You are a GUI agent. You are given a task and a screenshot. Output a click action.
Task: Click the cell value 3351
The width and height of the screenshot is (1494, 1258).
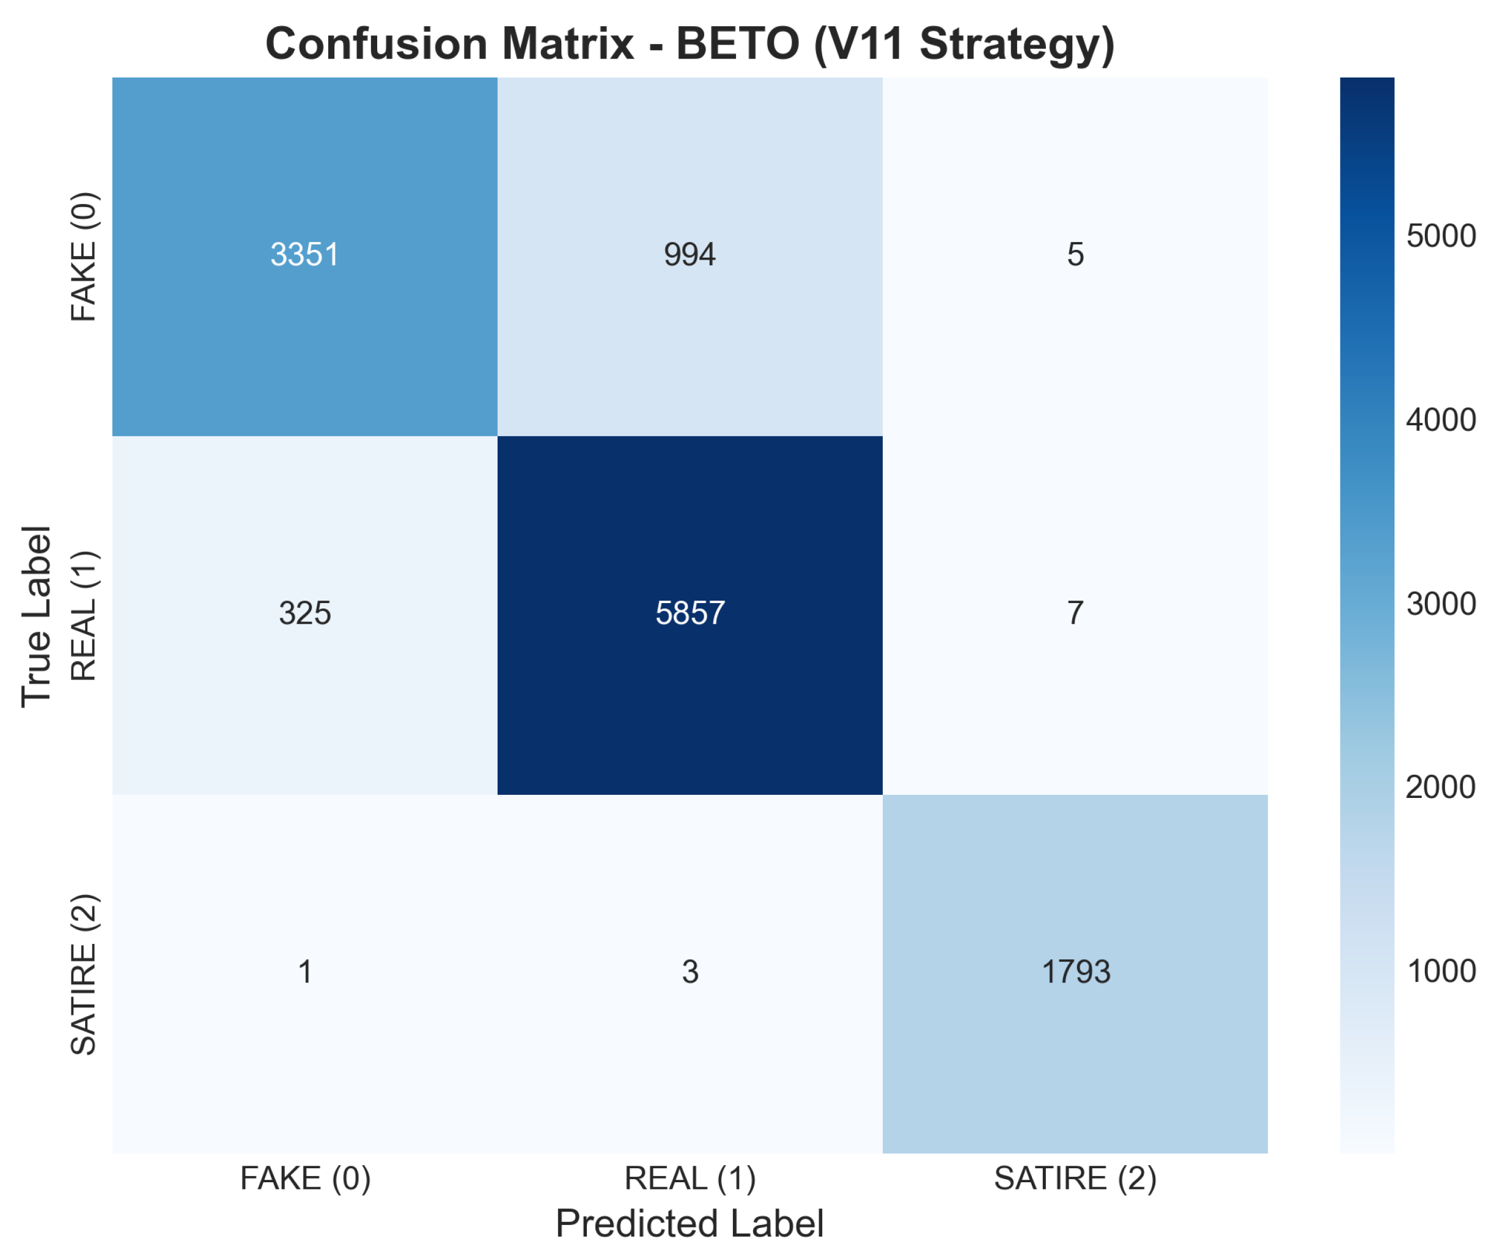click(x=304, y=255)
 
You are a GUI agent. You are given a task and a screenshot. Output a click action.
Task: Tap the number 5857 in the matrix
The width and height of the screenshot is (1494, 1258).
click(x=690, y=613)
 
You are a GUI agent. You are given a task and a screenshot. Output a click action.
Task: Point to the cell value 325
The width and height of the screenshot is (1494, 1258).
click(x=304, y=613)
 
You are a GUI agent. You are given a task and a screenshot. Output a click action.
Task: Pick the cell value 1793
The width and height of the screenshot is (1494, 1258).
click(x=1076, y=972)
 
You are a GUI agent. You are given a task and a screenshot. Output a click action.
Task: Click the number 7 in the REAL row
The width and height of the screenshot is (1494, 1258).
click(x=1075, y=613)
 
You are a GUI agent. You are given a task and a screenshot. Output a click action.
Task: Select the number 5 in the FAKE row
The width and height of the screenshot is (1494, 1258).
click(x=1075, y=255)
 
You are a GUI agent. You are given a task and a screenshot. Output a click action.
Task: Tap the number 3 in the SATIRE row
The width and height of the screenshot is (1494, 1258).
click(x=690, y=972)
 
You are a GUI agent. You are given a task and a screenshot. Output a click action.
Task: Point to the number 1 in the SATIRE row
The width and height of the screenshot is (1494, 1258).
click(x=304, y=972)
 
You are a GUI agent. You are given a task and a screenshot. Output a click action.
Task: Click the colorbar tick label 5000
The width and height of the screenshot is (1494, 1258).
click(x=1440, y=236)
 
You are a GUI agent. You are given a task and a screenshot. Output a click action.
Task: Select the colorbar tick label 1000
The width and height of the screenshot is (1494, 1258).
click(x=1440, y=971)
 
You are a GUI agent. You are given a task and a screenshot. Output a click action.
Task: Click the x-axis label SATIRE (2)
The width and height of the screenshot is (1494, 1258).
click(x=1075, y=1179)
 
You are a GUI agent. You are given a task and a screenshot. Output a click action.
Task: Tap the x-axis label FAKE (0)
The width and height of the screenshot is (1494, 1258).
click(x=306, y=1179)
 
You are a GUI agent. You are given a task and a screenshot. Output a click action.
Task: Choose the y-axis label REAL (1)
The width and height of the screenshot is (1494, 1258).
click(x=84, y=615)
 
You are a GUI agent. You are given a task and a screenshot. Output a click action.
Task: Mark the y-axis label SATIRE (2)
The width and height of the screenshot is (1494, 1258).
click(x=84, y=974)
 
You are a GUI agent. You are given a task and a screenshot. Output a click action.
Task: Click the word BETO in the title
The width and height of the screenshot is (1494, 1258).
click(x=738, y=43)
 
